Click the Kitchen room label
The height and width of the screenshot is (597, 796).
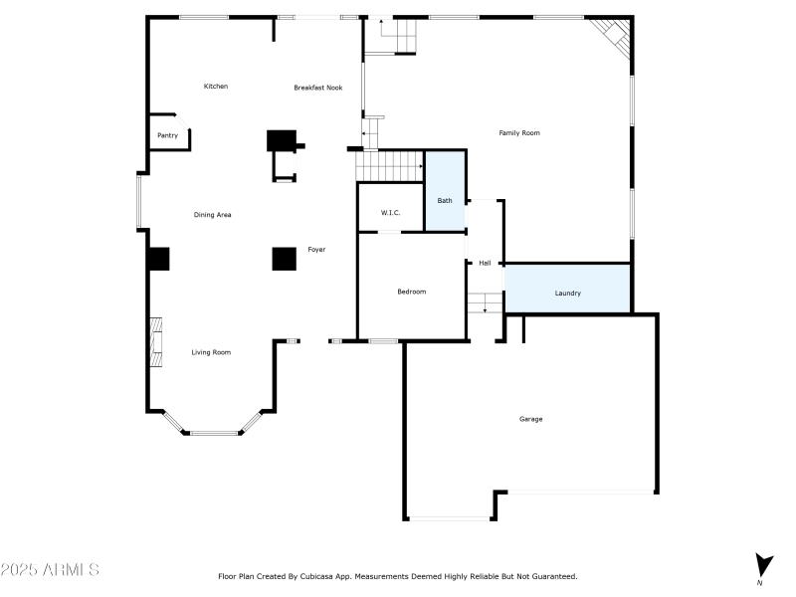click(x=216, y=87)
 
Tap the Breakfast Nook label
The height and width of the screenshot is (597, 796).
click(x=317, y=88)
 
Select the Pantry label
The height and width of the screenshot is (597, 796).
click(x=167, y=135)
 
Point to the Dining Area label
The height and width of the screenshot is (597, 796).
click(x=212, y=215)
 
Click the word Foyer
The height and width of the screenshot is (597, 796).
click(x=316, y=249)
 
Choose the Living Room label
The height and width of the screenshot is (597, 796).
click(x=211, y=352)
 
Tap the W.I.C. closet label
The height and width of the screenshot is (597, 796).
click(x=390, y=213)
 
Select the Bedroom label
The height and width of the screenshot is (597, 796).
click(x=411, y=292)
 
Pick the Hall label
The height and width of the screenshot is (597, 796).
click(x=485, y=264)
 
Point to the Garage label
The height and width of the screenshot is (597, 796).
click(x=530, y=419)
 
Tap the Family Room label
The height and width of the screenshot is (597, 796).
click(x=519, y=132)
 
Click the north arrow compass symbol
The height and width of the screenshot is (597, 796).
click(x=763, y=565)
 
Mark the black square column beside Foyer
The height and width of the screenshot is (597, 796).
click(x=285, y=258)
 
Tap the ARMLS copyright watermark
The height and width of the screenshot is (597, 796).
click(x=50, y=570)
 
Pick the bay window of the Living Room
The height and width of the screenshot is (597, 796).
click(x=211, y=430)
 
